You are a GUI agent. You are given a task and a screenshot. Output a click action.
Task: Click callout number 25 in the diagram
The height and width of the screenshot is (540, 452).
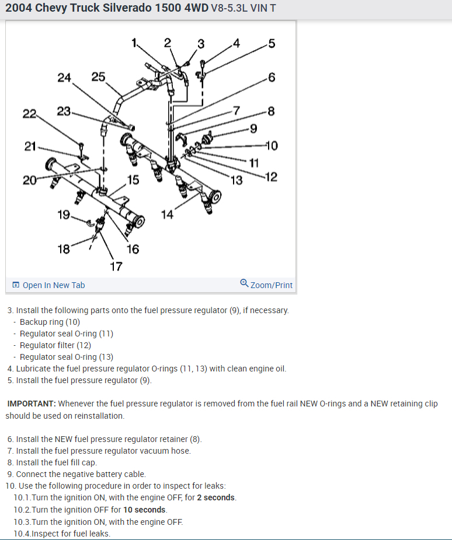(x=99, y=76)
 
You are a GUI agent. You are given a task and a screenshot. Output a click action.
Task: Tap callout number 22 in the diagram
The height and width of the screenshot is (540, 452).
(x=29, y=113)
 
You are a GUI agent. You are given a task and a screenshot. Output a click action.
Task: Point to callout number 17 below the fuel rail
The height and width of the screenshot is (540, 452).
(x=116, y=267)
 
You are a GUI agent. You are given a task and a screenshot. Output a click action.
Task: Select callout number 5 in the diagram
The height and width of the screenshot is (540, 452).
(x=271, y=43)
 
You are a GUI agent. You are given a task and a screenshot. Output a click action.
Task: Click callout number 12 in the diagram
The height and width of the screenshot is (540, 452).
(x=271, y=177)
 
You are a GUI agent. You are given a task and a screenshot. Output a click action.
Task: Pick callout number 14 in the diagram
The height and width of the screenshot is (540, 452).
(x=168, y=215)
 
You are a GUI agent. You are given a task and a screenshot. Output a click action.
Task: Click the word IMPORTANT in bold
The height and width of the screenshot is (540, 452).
(x=32, y=404)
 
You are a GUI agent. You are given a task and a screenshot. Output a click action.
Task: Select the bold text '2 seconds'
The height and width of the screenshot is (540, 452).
(x=216, y=497)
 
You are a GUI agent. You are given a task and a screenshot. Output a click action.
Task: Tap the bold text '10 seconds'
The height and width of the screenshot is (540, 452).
(x=145, y=510)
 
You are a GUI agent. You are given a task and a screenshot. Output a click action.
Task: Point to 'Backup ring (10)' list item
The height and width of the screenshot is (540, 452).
(x=50, y=322)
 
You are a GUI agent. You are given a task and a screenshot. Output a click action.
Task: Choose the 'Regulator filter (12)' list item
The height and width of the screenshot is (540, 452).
(x=55, y=345)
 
